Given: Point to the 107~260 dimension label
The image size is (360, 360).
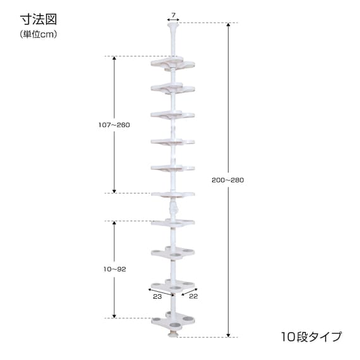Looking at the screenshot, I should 114,124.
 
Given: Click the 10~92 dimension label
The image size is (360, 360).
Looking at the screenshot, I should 114,269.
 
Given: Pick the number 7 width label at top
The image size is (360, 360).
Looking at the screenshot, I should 173,14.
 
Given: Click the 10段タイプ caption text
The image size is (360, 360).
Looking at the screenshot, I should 311,336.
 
